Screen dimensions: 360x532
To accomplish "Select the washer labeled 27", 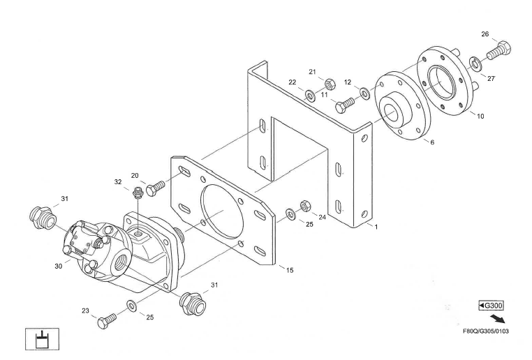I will tap(475, 63).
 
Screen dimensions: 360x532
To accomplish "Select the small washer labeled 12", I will tap(365, 93).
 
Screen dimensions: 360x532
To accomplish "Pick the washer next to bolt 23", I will tap(131, 305).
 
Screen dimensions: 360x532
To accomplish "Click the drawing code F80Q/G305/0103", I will tap(486, 330).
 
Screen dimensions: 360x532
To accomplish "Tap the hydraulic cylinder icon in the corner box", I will tap(43, 339).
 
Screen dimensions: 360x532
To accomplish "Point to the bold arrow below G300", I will tap(498, 318).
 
